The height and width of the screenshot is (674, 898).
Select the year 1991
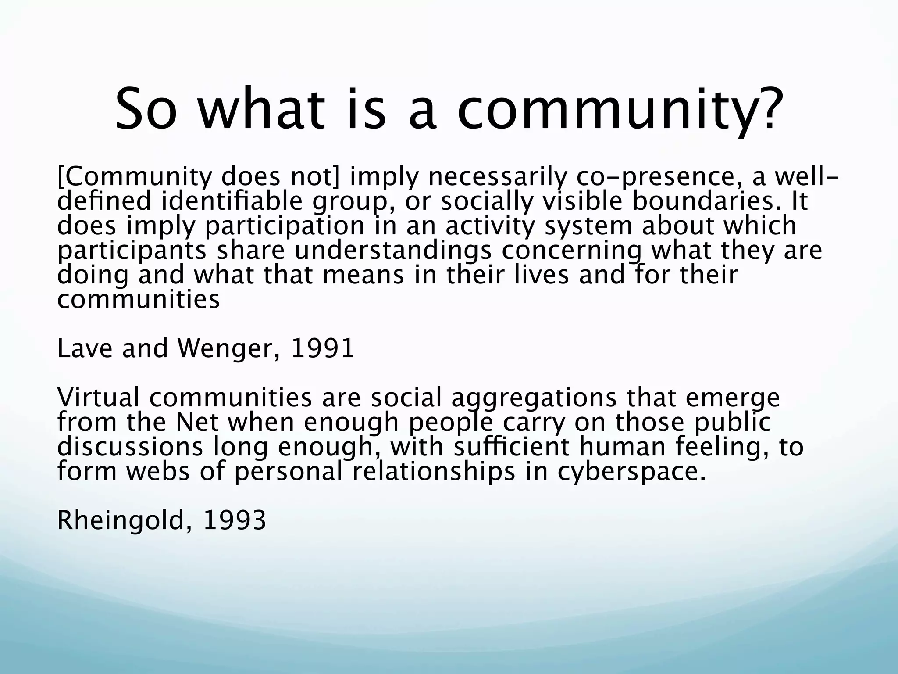[x=322, y=349]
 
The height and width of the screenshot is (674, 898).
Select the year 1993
[x=235, y=520]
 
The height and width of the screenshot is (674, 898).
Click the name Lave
[x=85, y=349]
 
